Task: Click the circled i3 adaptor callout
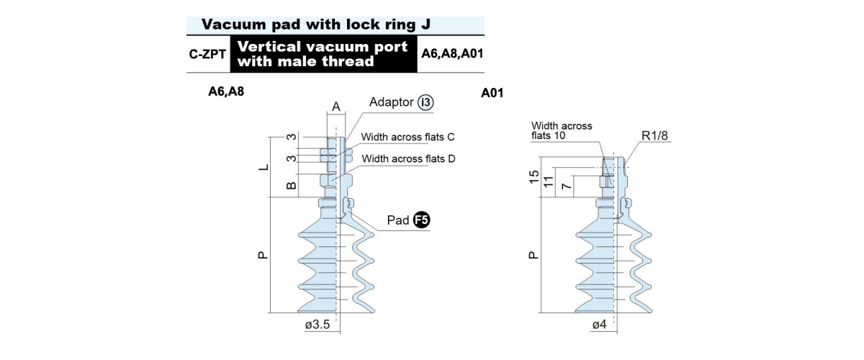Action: pos(425,103)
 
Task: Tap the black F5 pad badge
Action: pos(421,220)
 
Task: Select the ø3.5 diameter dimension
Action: pos(318,325)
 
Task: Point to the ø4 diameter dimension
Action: pos(599,325)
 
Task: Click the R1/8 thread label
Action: pos(654,135)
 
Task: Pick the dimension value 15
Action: pos(534,177)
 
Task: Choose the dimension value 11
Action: pos(549,181)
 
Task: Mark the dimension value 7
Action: pos(566,186)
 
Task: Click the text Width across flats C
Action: pos(408,137)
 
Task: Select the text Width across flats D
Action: pos(408,158)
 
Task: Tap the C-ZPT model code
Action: pos(207,54)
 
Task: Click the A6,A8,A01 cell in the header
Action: pos(452,53)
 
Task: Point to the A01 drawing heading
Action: pos(492,93)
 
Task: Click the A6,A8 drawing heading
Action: pos(226,91)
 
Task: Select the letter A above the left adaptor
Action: pos(336,107)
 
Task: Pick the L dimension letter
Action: pos(264,168)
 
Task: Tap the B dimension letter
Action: pos(292,186)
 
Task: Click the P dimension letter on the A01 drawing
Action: pos(533,255)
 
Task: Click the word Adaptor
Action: pos(391,102)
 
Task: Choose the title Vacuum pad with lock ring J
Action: pos(316,24)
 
